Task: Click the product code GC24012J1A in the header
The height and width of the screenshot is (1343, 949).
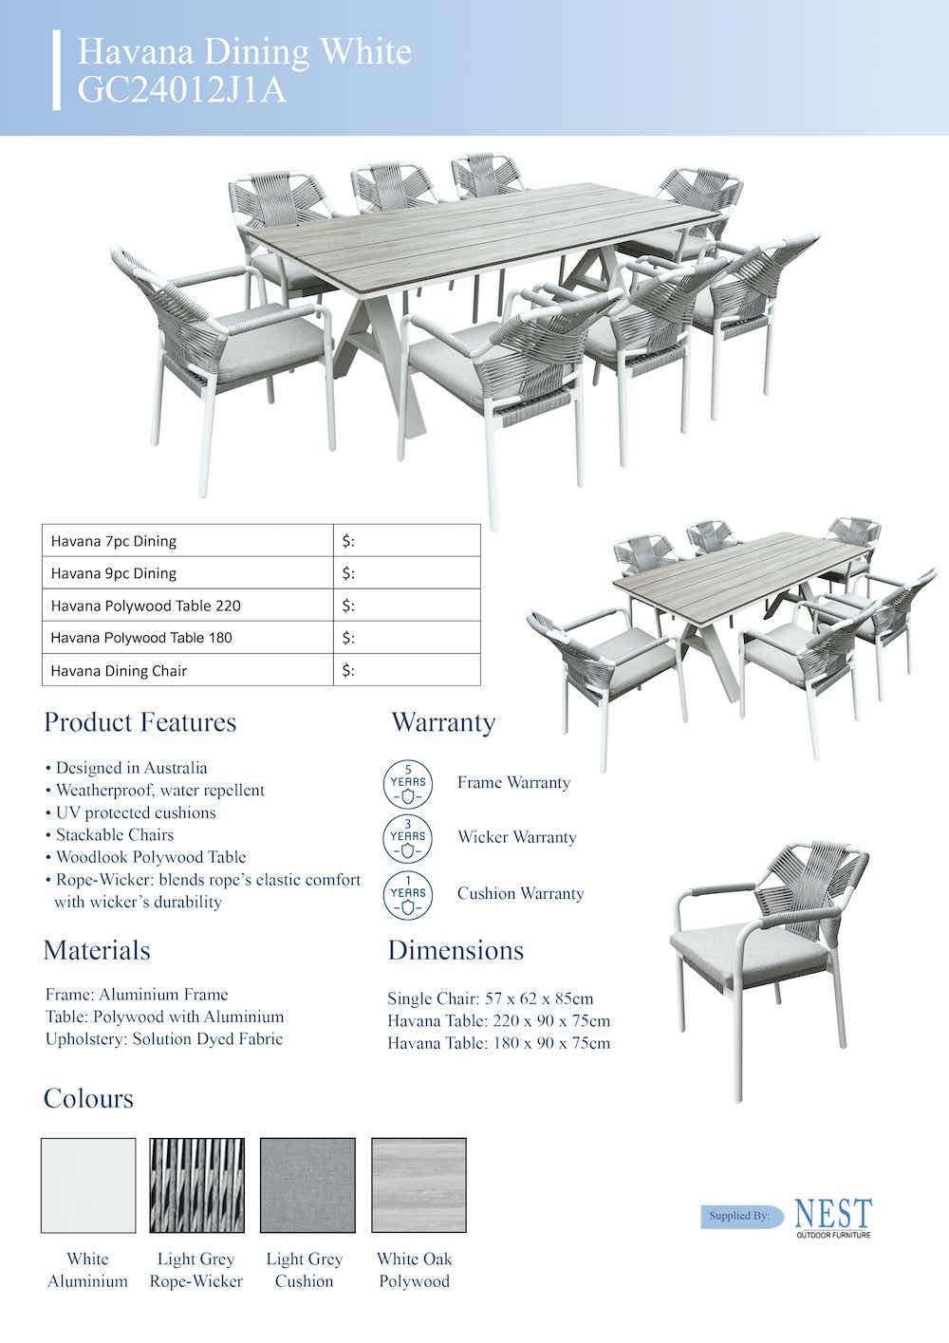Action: pyautogui.click(x=181, y=90)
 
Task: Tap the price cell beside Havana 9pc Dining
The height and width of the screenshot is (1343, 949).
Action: pyautogui.click(x=407, y=573)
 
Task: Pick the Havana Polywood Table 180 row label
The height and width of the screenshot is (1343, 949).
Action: pyautogui.click(x=141, y=638)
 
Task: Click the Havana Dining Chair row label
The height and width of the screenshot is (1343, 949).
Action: pyautogui.click(x=119, y=671)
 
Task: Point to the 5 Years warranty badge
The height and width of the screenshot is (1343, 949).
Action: pyautogui.click(x=408, y=784)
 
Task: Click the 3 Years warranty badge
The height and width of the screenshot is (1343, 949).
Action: pyautogui.click(x=408, y=838)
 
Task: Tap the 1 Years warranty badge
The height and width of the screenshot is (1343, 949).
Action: pyautogui.click(x=408, y=894)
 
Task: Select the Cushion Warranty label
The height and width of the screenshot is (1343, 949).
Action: pyautogui.click(x=520, y=894)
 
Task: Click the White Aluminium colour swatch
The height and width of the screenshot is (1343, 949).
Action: pyautogui.click(x=88, y=1185)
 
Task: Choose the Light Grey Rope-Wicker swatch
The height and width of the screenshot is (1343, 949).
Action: pyautogui.click(x=196, y=1185)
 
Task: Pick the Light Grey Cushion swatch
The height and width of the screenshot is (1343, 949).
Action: pyautogui.click(x=307, y=1185)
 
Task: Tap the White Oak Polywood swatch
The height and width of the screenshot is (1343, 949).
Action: pyautogui.click(x=419, y=1185)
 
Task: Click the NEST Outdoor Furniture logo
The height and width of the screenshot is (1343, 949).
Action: pyautogui.click(x=832, y=1217)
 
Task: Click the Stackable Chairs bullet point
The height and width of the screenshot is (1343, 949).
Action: pyautogui.click(x=115, y=835)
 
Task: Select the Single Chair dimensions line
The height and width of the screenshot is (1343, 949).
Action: pyautogui.click(x=490, y=998)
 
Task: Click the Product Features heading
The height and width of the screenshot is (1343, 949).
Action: pyautogui.click(x=140, y=722)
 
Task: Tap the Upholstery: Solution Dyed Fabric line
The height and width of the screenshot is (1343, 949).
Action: pyautogui.click(x=164, y=1039)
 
